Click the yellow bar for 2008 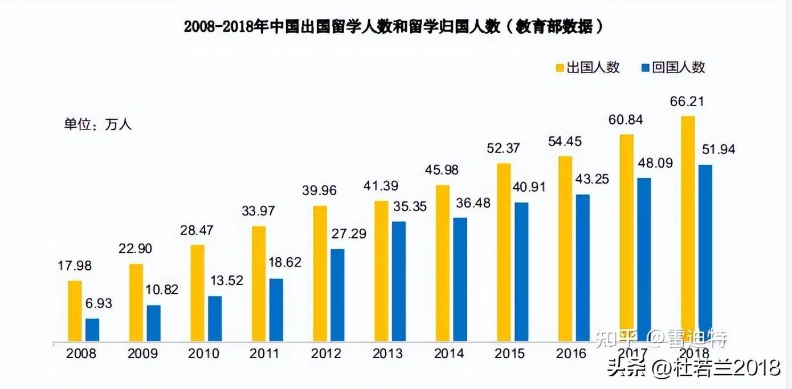coord(75,311)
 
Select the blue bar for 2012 coord(337,295)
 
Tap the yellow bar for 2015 coord(504,253)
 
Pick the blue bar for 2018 coord(705,253)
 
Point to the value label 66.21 coord(688,102)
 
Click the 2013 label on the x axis coord(388,354)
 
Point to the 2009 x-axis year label coord(143,354)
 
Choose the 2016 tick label coord(571,354)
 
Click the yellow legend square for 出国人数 coord(560,68)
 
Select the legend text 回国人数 coord(679,67)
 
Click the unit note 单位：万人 coord(97,125)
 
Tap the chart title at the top coord(394,27)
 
